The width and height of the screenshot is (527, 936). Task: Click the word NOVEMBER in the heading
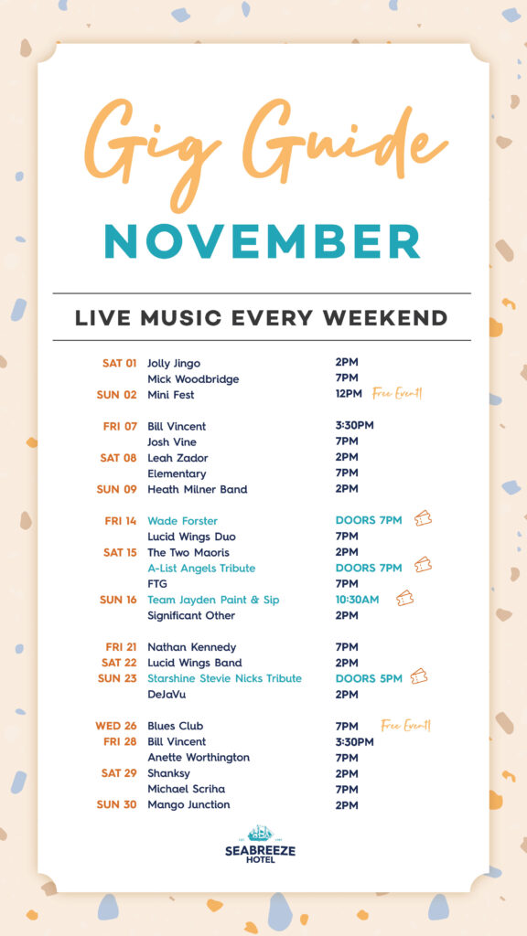263,241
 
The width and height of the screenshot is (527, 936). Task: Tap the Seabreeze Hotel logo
260,844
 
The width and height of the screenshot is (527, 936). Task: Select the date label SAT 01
120,363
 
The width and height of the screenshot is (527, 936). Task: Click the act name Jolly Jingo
174,364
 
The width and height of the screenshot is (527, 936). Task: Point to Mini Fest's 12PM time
349,394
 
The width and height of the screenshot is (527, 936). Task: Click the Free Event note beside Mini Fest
397,393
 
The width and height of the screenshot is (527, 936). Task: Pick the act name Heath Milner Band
198,490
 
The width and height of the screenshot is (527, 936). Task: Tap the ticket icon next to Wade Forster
423,518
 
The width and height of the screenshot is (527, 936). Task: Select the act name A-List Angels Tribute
201,569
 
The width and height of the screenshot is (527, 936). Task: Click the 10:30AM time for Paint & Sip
358,600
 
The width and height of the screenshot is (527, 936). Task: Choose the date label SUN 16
118,600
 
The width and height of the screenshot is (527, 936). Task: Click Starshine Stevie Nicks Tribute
225,678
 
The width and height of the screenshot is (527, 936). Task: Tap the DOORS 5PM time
369,678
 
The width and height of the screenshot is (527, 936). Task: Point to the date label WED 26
116,726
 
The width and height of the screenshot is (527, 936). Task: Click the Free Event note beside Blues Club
405,725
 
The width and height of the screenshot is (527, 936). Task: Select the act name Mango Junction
188,804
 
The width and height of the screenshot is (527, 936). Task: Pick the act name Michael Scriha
187,789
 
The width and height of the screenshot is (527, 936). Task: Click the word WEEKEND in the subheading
385,317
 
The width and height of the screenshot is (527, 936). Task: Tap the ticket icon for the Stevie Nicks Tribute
419,676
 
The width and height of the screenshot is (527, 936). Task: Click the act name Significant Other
191,615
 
